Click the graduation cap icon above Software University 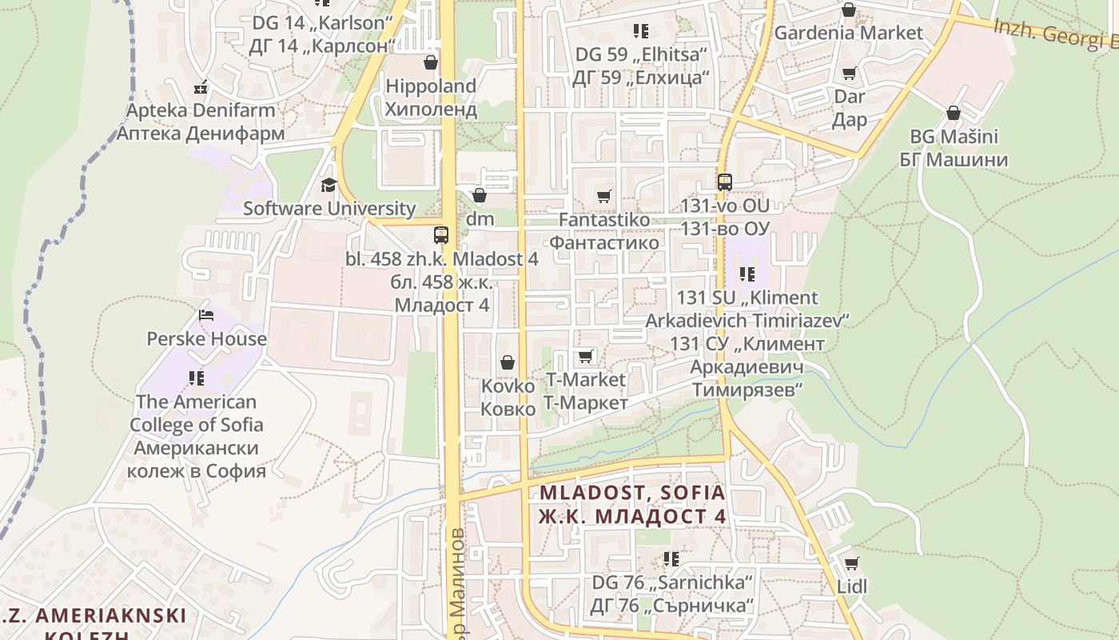[x=329, y=186]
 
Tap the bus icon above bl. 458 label [x=441, y=235]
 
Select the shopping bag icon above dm [x=480, y=195]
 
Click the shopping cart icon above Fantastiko [x=604, y=196]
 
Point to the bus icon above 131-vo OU [x=725, y=182]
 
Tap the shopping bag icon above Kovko [x=507, y=363]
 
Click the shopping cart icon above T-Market [x=586, y=356]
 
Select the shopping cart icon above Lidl [x=852, y=563]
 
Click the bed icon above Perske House [x=206, y=315]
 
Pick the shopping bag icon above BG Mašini [x=953, y=113]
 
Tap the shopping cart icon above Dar [x=850, y=74]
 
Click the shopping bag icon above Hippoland [x=431, y=62]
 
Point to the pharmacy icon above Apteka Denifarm [x=201, y=86]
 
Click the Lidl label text [x=852, y=586]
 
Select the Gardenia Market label [x=849, y=33]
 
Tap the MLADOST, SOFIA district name [x=632, y=493]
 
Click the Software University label [x=329, y=209]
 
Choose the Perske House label [x=206, y=338]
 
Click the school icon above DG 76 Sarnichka [x=671, y=558]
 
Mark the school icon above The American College [x=197, y=378]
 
